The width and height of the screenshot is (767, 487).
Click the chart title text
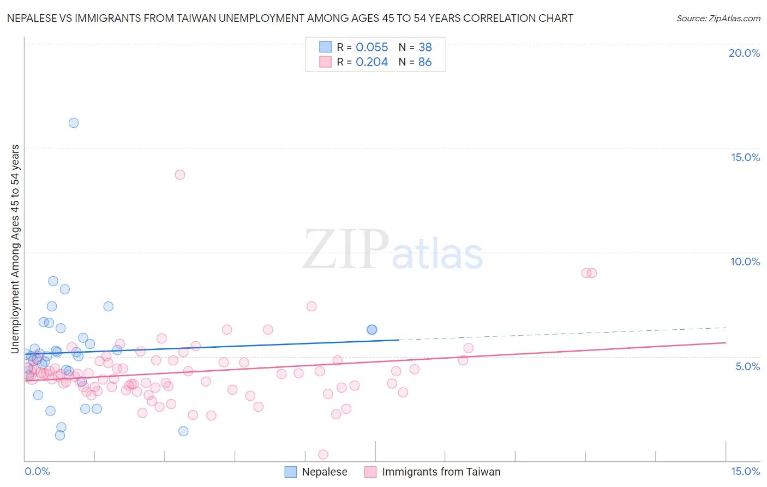[x=290, y=18]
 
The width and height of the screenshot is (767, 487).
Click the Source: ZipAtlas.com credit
[x=718, y=18]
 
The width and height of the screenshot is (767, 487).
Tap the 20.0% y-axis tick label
[x=744, y=53]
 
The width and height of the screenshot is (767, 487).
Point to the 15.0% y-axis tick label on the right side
[x=745, y=157]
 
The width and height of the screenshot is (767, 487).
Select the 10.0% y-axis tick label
[x=745, y=262]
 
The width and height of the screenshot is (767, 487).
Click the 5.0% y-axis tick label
[x=747, y=366]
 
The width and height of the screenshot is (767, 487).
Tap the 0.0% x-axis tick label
[x=37, y=471]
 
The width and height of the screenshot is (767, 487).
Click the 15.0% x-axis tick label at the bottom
[x=745, y=471]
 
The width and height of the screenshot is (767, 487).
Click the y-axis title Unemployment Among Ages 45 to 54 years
[x=15, y=249]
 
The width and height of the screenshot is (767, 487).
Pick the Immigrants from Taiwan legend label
[x=441, y=472]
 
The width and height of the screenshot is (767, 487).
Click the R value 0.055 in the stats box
[x=371, y=47]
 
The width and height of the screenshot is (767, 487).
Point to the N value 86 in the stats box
[x=425, y=62]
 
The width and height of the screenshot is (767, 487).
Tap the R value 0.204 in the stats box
[x=371, y=62]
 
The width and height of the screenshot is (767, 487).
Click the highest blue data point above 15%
[x=74, y=123]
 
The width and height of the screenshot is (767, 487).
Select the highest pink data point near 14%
[x=180, y=175]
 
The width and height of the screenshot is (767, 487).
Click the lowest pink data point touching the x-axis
[x=323, y=455]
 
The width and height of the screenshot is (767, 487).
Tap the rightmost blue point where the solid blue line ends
[x=372, y=329]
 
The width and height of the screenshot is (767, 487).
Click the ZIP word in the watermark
[x=346, y=250]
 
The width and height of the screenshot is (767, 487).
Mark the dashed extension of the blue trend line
[x=562, y=334]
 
